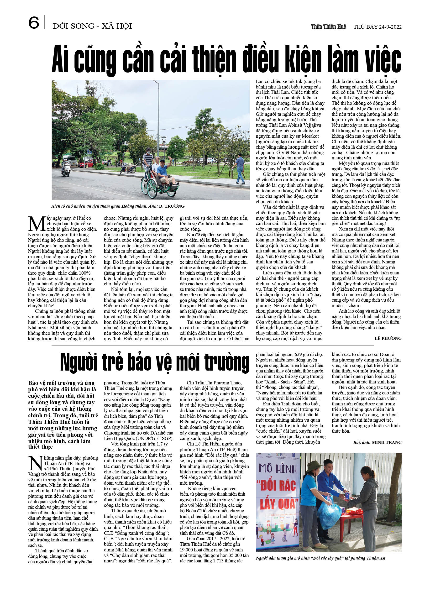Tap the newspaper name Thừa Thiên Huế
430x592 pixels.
[328, 27]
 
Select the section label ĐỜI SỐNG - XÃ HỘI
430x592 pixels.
[92, 26]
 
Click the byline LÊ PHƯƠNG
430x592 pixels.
[388, 338]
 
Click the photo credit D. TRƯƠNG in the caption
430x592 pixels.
[172, 206]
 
